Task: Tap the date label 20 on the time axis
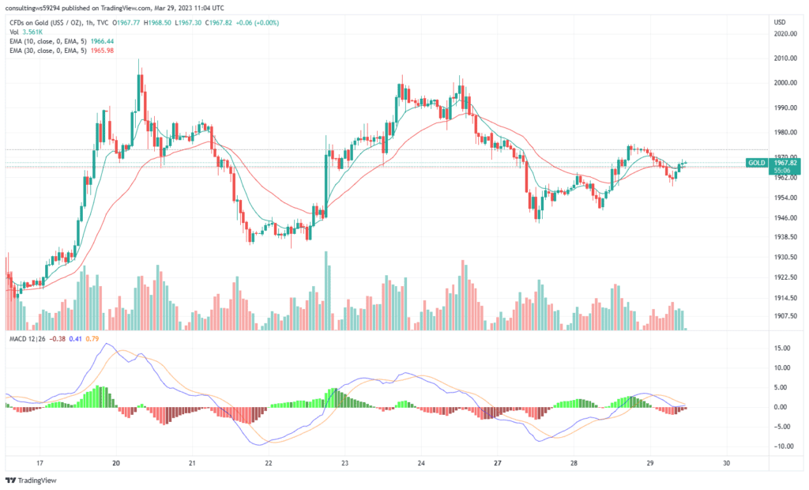(116, 463)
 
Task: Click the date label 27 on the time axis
(495, 463)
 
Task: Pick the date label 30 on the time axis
(726, 463)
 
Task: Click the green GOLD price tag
(757, 163)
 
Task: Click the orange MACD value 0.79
(92, 339)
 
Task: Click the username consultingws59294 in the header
(40, 9)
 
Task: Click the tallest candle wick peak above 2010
(139, 59)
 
